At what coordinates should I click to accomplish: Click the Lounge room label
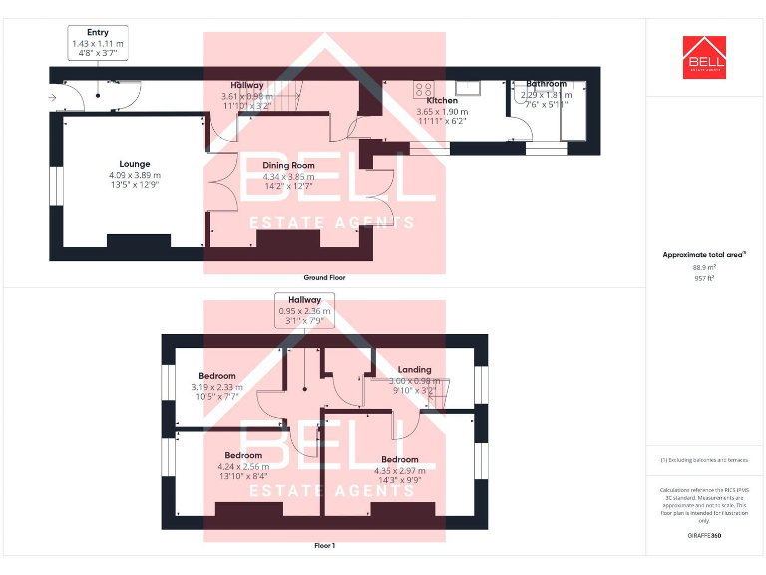pos(135,164)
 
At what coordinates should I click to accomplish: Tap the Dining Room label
pos(288,165)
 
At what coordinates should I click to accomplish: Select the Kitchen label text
pos(442,101)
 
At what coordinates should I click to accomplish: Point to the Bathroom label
pos(546,84)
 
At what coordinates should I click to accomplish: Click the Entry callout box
pos(98,44)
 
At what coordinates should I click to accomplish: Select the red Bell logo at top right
pos(705,57)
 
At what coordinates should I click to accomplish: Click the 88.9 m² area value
pos(704,267)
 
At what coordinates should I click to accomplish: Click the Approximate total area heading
pos(704,255)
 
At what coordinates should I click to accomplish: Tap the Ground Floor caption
pos(324,277)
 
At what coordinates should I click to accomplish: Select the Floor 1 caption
pos(324,546)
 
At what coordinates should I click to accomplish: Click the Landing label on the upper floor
pos(414,370)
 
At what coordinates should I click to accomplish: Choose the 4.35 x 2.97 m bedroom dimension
pos(399,470)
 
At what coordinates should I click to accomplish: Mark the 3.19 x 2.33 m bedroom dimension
pos(216,387)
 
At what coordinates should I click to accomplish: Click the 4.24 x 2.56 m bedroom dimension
pos(243,466)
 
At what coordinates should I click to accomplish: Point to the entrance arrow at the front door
pos(51,97)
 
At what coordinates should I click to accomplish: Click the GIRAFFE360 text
pos(704,536)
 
